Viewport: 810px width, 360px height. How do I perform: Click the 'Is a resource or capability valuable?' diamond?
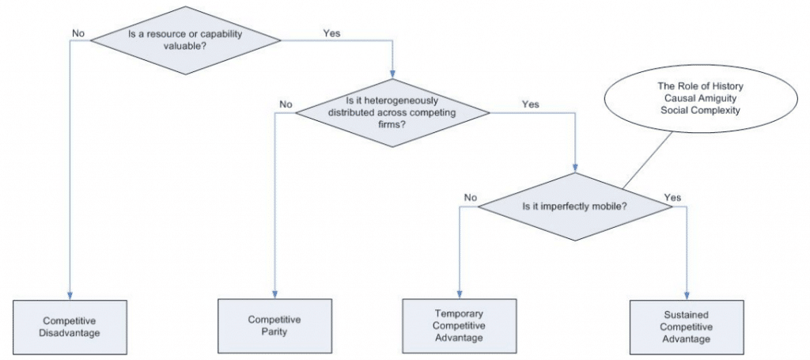tap(187, 40)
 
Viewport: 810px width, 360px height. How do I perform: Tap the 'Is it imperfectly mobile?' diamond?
tap(574, 207)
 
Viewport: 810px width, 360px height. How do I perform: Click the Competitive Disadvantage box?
tap(72, 326)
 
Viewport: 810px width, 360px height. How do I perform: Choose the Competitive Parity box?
tap(274, 326)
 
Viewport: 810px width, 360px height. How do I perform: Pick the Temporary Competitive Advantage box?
tap(459, 325)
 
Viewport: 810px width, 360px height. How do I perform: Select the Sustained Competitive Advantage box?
tap(686, 326)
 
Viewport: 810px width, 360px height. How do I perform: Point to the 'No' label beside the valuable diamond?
tap(79, 33)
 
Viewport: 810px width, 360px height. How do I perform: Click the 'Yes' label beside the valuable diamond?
tap(332, 33)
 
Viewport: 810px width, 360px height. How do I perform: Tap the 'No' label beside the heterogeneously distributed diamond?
tap(286, 104)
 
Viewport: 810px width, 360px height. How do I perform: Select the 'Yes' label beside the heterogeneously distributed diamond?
tap(531, 104)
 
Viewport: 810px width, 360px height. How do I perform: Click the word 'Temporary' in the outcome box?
tap(459, 313)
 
